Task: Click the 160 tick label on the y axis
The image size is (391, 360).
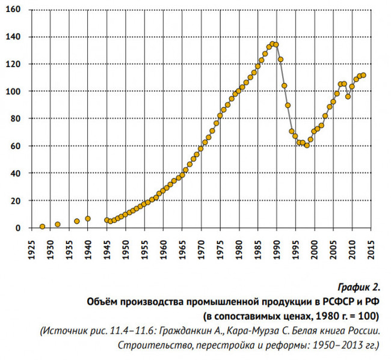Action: [13, 10]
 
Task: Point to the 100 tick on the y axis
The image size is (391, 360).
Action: [13, 91]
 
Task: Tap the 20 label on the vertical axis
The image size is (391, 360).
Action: [16, 200]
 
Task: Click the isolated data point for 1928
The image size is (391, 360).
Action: [42, 227]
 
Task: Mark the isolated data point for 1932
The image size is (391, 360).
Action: [58, 224]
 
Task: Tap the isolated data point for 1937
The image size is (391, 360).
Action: [77, 221]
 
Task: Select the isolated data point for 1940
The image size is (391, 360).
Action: [88, 219]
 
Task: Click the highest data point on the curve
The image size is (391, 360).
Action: [272, 44]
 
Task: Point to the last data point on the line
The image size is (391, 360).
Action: [363, 75]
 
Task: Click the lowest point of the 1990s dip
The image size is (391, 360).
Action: [307, 145]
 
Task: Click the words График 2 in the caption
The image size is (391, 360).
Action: [360, 286]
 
